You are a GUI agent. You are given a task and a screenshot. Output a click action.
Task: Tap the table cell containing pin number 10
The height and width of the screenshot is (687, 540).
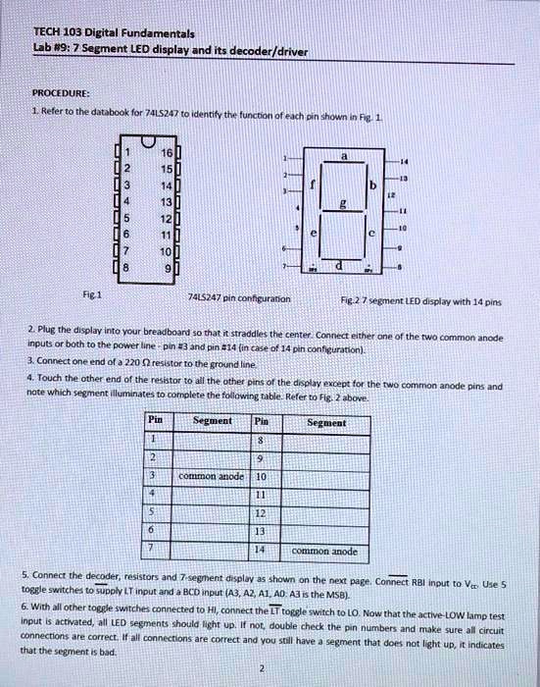click(x=261, y=476)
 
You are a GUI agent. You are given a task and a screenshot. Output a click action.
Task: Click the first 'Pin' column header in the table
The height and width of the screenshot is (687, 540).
click(x=154, y=419)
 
